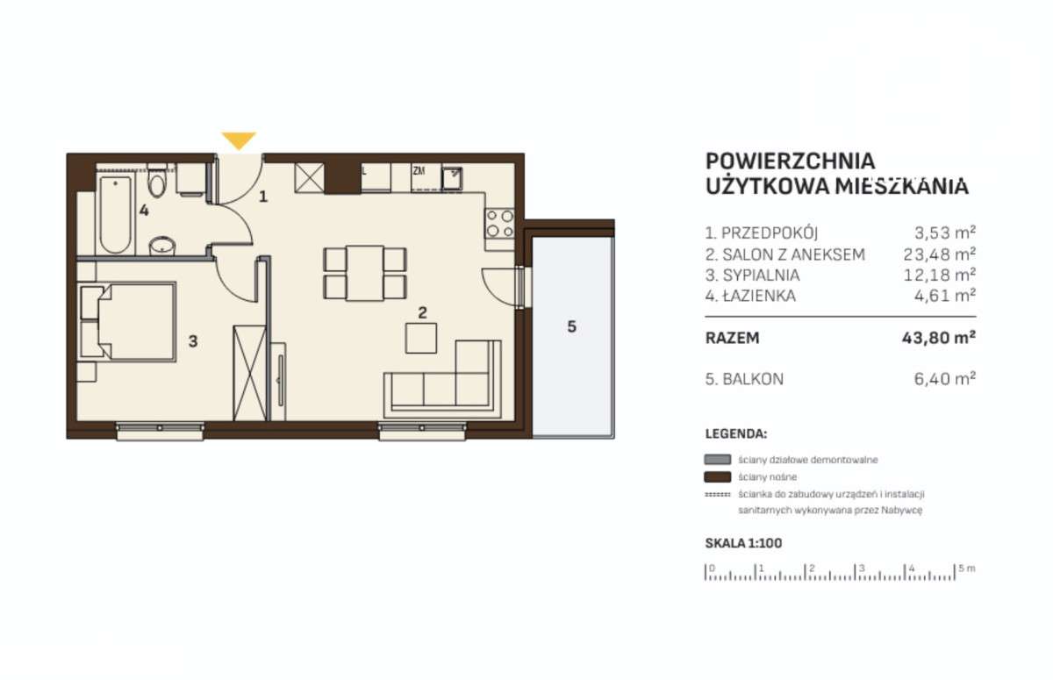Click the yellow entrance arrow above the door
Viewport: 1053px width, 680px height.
tap(239, 140)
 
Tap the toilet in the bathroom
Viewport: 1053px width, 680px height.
tap(156, 180)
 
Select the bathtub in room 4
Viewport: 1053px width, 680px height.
tap(115, 215)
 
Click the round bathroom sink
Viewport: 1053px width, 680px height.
tap(162, 246)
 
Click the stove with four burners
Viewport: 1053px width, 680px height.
tap(499, 224)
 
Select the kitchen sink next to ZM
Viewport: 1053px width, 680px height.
tap(452, 178)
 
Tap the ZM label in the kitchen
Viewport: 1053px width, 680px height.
tap(419, 171)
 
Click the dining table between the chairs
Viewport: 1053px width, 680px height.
tap(365, 273)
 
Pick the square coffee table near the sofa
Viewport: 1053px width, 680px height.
tap(421, 338)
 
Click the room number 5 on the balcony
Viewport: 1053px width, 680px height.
tap(571, 326)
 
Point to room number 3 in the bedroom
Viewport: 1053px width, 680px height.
tap(193, 341)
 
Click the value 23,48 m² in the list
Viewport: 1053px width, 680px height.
tap(939, 254)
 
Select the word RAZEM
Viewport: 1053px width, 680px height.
tap(733, 338)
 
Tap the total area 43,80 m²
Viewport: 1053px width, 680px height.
tap(939, 338)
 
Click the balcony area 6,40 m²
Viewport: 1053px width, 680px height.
tap(945, 378)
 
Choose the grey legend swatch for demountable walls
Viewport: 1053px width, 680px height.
tap(718, 459)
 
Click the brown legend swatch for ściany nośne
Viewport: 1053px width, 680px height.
tap(718, 477)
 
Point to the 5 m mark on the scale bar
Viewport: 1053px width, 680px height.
tap(955, 572)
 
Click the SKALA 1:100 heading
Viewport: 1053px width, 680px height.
tap(744, 543)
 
